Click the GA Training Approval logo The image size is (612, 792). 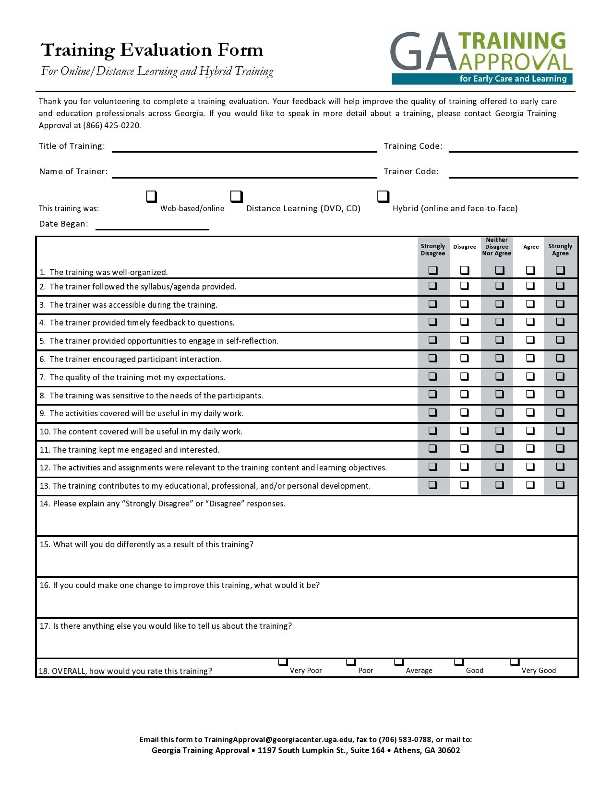481,58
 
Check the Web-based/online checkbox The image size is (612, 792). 151,196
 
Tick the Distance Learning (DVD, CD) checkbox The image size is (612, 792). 236,196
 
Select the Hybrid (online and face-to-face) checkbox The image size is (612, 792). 383,196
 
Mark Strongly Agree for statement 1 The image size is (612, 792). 560,270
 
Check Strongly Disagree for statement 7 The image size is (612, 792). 432,376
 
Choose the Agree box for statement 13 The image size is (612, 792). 530,485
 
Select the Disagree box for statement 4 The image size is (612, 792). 464,322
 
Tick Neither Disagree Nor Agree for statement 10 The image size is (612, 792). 499,431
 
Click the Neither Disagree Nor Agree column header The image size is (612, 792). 496,247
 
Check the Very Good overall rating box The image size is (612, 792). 514,662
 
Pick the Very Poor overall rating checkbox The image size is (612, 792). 283,662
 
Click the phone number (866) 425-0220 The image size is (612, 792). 111,126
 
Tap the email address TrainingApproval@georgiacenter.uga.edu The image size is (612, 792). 278,740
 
